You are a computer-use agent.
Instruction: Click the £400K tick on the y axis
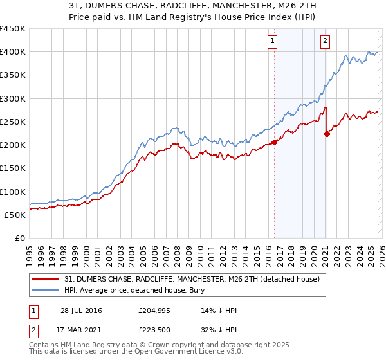13,52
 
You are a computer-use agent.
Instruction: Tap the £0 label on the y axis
20,239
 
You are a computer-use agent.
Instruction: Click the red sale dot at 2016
274,142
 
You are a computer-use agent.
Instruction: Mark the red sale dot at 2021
327,134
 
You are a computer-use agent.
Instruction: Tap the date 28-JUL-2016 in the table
80,310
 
